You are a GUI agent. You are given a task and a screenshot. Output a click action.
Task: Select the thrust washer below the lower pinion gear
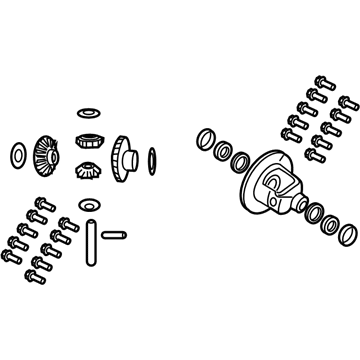point(88,206)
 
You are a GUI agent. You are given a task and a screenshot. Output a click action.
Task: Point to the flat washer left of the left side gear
point(16,154)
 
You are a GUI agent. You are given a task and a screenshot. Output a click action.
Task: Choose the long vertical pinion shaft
point(89,241)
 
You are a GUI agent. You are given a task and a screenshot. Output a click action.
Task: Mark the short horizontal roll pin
point(113,236)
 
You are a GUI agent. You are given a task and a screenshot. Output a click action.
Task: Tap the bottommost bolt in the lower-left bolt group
point(40,272)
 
